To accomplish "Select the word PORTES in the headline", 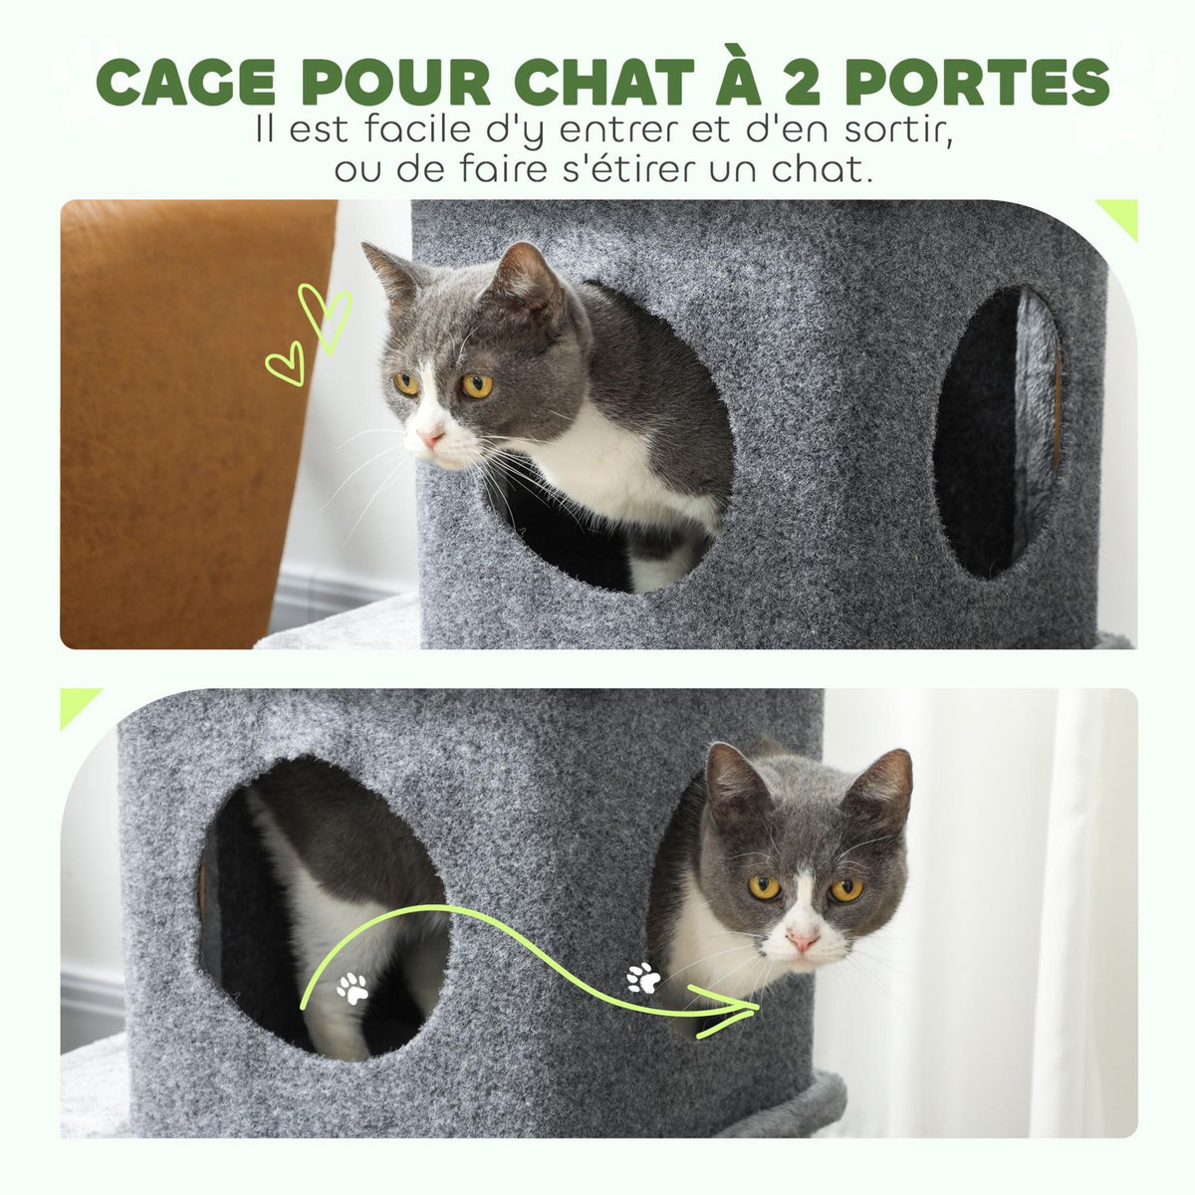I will click(x=986, y=82).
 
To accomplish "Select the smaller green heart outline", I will click(x=286, y=363).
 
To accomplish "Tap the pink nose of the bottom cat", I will click(x=803, y=938).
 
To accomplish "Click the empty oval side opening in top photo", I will click(x=998, y=433).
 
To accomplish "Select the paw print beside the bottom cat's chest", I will click(x=643, y=978).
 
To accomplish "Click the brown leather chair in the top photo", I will click(x=179, y=418).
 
